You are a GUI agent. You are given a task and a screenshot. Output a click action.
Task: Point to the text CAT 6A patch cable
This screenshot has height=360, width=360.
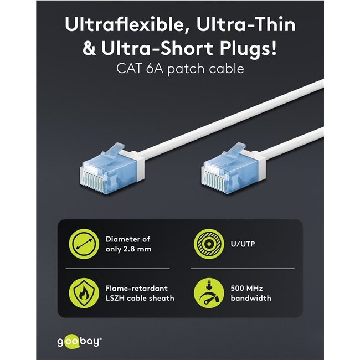point(179,70)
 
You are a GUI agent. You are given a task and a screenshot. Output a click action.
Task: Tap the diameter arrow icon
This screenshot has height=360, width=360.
point(82,244)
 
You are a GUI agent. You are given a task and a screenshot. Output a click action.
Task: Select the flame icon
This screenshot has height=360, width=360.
point(82,293)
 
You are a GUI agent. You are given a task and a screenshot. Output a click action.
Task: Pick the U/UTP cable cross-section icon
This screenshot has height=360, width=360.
point(206,244)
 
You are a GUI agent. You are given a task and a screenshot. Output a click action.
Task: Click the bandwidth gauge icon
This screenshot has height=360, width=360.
point(206,294)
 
